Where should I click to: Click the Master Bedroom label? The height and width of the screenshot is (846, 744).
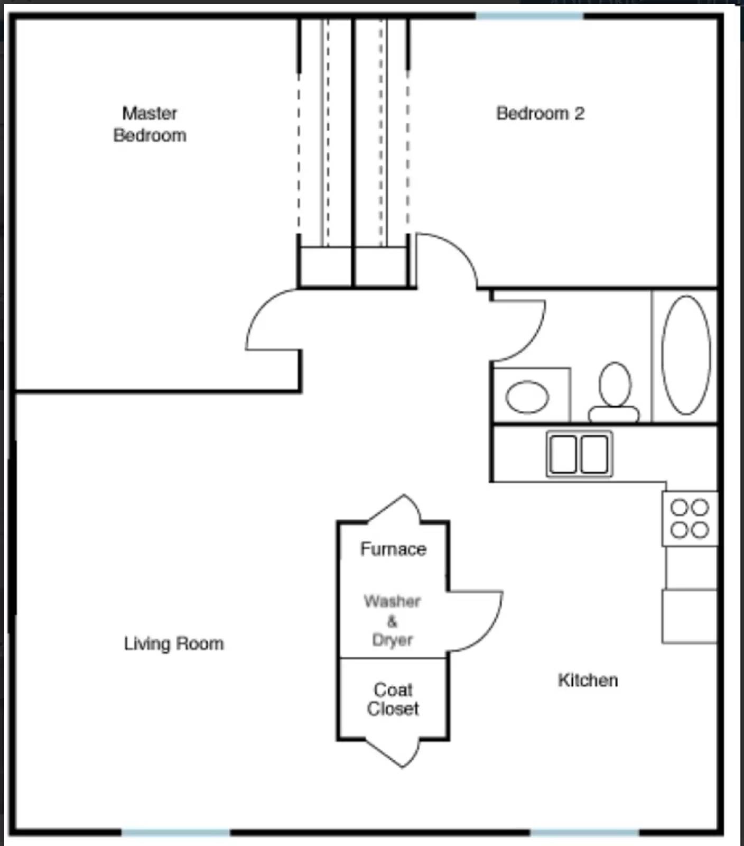pos(150,124)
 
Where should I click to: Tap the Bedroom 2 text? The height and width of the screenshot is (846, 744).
pos(540,113)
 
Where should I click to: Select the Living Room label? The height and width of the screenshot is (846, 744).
pos(174,643)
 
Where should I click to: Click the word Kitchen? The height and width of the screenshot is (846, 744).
pos(588,680)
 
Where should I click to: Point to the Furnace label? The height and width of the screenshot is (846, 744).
pos(393,549)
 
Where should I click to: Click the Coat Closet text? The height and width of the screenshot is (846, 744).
pos(393,699)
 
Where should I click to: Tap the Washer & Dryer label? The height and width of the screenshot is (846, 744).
pos(392,620)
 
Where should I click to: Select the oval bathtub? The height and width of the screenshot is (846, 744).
pos(686,355)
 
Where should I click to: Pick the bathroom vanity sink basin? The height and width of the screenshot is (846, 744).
pos(527,397)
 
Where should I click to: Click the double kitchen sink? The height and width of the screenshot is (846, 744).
pos(579,454)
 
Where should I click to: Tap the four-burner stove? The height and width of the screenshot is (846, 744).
pos(690,518)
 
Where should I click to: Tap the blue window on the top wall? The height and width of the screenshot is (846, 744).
pos(529,16)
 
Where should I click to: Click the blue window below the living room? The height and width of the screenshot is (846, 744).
pos(175,832)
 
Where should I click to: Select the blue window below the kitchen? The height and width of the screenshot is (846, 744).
pos(584,832)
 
